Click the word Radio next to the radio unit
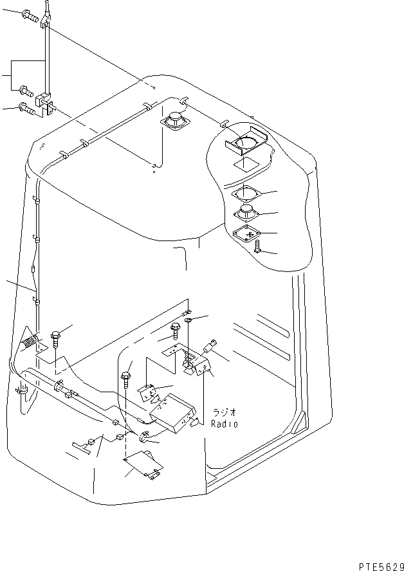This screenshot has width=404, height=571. (x=225, y=424)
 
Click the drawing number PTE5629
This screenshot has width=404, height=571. (x=378, y=564)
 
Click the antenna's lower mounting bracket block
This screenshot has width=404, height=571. (x=44, y=101)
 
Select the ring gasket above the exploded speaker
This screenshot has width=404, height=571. (x=246, y=194)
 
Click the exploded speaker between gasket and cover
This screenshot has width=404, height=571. (x=246, y=213)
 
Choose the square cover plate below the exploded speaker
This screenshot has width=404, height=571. (x=246, y=234)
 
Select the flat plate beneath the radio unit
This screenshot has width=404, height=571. (x=142, y=464)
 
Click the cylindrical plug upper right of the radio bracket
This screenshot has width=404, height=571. (x=209, y=347)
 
